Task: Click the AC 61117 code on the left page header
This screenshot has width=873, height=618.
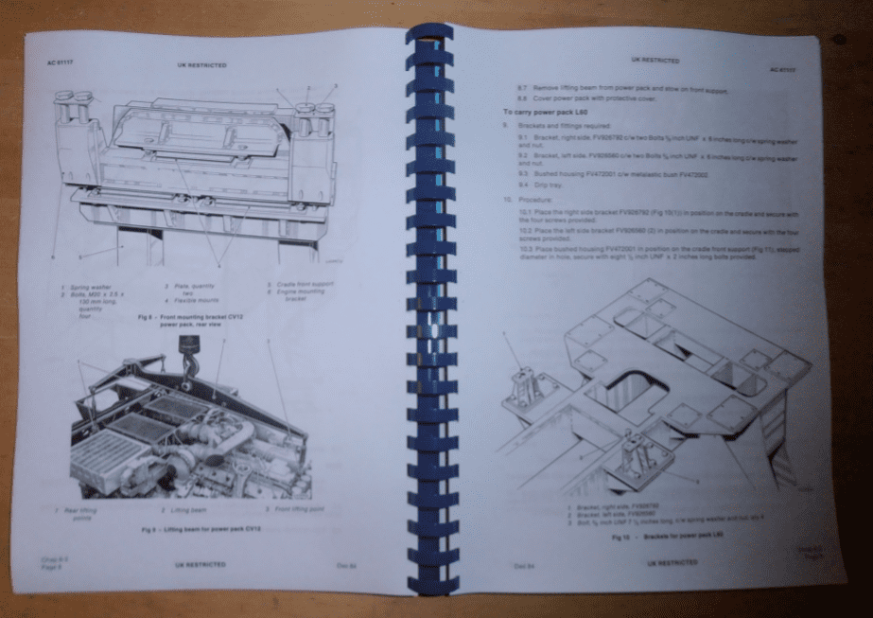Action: click(60, 62)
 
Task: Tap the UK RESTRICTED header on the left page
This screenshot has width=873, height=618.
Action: click(201, 65)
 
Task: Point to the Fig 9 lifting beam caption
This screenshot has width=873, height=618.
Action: click(200, 528)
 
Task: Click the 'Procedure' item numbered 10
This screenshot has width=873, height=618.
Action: click(520, 201)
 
